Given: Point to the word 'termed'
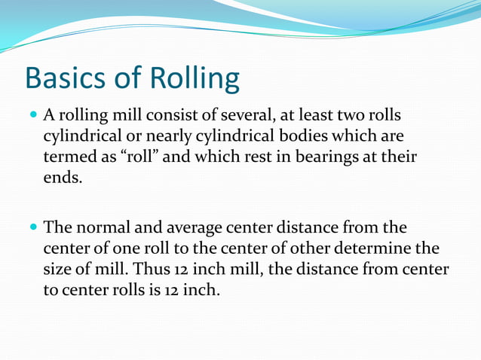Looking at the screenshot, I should tap(69, 159).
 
